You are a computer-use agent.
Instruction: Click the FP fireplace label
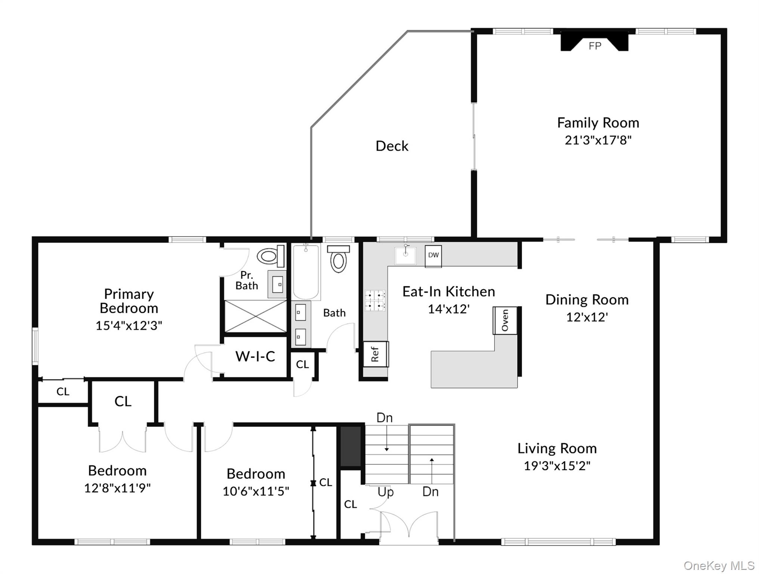[595, 46]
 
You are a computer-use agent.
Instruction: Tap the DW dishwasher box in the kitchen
[433, 256]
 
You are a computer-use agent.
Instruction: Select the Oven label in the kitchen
[505, 320]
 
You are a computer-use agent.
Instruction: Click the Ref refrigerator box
[376, 354]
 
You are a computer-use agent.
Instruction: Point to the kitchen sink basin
[405, 256]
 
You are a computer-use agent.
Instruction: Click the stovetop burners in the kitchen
[375, 300]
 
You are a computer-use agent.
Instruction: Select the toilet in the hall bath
[339, 259]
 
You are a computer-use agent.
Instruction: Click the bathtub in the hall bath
[306, 272]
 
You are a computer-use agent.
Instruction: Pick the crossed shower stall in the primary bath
[255, 316]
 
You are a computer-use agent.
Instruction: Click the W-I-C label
[255, 356]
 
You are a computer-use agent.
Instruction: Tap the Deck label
[392, 146]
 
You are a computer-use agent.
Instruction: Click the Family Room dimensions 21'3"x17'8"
[598, 140]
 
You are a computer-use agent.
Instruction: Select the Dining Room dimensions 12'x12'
[587, 317]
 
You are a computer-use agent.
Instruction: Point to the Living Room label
[557, 448]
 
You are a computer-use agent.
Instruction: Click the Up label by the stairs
[386, 492]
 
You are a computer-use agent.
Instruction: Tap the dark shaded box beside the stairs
[351, 447]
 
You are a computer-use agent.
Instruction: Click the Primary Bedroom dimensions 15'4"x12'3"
[129, 325]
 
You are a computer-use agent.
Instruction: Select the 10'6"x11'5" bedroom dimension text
[256, 491]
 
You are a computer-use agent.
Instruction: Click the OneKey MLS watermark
[719, 566]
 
